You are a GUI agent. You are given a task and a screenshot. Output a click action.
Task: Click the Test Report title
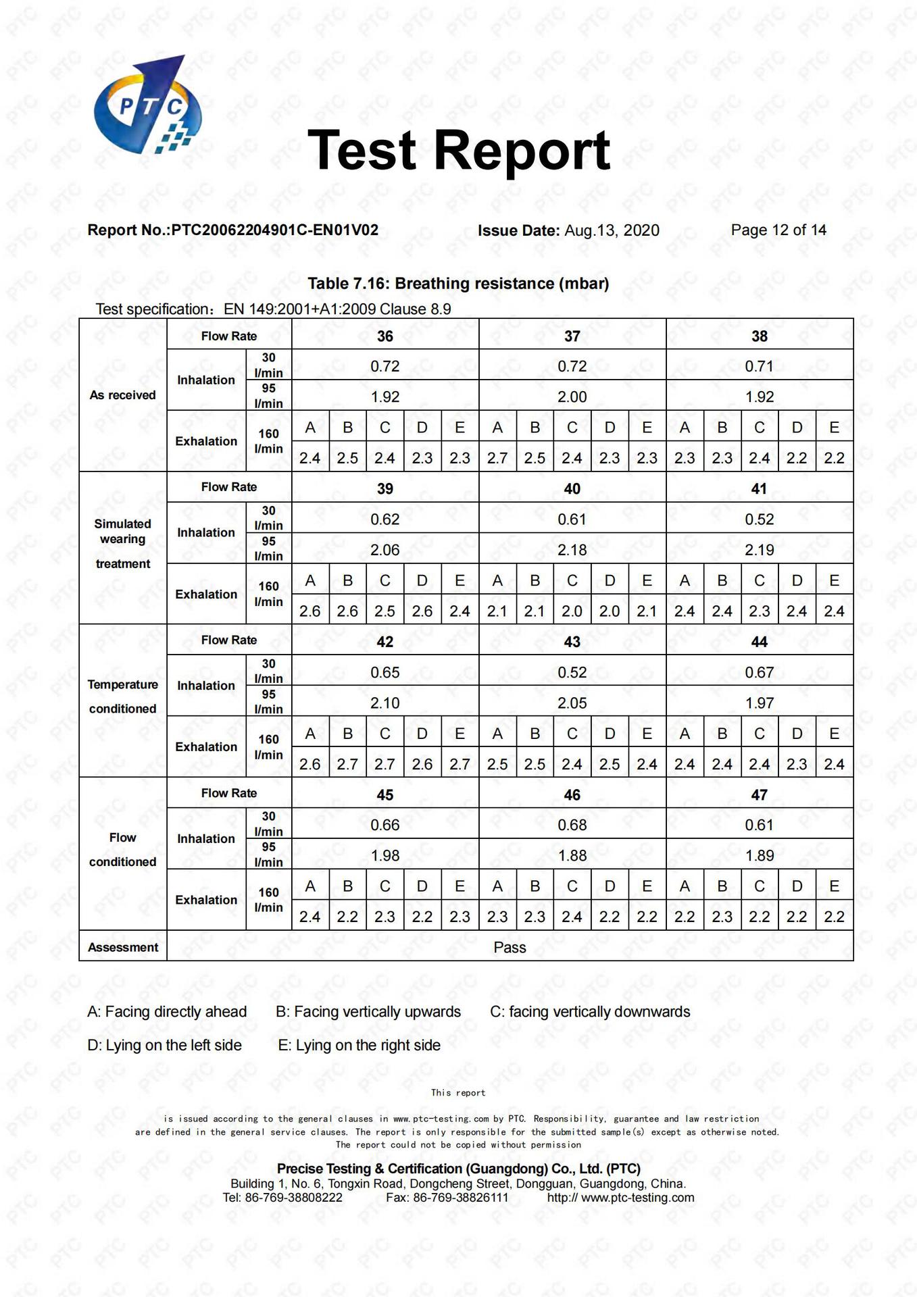pyautogui.click(x=459, y=150)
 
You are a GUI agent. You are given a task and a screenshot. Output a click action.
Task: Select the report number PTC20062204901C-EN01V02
pyautogui.click(x=274, y=230)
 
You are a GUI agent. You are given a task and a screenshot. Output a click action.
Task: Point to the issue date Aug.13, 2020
pyautogui.click(x=612, y=230)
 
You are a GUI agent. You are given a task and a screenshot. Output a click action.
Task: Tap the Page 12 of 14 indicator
pyautogui.click(x=778, y=230)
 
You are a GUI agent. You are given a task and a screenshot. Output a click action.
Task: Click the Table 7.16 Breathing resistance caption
pyautogui.click(x=458, y=284)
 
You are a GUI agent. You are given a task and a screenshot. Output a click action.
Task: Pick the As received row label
pyautogui.click(x=122, y=395)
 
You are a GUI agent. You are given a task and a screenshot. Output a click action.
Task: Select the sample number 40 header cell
pyautogui.click(x=572, y=488)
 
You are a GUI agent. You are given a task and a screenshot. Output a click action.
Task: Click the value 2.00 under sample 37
pyautogui.click(x=572, y=397)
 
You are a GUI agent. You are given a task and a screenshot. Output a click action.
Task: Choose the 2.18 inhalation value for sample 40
pyautogui.click(x=572, y=550)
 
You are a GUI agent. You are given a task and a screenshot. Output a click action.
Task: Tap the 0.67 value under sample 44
pyautogui.click(x=759, y=672)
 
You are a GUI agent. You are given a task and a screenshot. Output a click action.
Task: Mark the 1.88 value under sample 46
pyautogui.click(x=572, y=856)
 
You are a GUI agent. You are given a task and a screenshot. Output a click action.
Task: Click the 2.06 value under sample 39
pyautogui.click(x=385, y=550)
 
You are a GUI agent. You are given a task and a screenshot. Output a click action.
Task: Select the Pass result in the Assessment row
pyautogui.click(x=510, y=947)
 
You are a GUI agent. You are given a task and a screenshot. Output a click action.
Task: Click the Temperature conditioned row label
pyautogui.click(x=122, y=696)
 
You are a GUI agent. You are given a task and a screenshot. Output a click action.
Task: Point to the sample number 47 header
pyautogui.click(x=759, y=795)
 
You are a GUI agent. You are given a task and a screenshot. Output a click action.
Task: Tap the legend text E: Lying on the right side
pyautogui.click(x=359, y=1045)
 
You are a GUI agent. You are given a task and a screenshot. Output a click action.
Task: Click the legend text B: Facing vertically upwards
pyautogui.click(x=368, y=1012)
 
